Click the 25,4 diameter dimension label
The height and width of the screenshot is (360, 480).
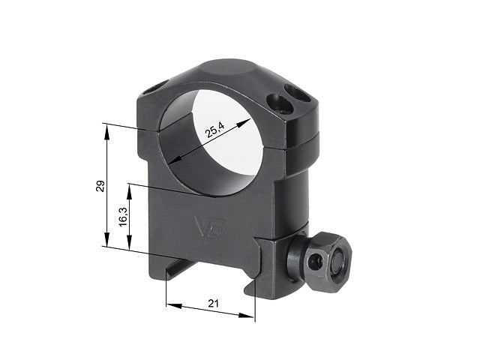215,130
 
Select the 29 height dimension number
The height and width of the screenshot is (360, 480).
100,186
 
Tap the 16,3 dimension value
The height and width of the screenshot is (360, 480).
123,217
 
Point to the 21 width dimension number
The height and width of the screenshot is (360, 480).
213,303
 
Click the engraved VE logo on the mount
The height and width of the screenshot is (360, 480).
210,228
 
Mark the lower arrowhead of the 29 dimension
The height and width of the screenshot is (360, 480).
106,239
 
